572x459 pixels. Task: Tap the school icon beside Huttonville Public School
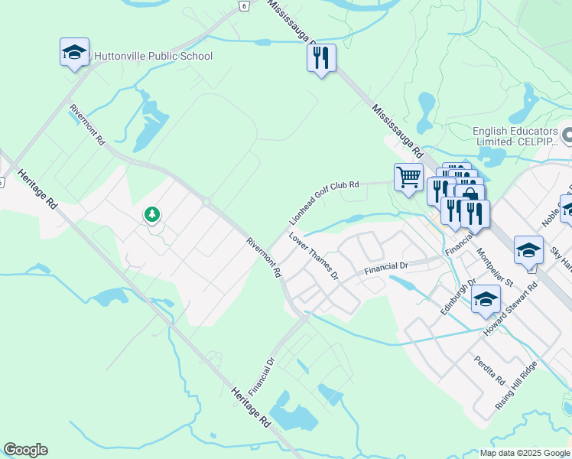pos(74,52)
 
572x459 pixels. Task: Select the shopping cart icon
pos(408,177)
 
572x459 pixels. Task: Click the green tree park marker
pos(152,215)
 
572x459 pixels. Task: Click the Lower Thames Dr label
pos(314,257)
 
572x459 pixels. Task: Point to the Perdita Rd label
pos(489,370)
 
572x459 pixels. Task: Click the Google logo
pos(25,450)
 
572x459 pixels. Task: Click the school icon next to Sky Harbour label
pos(528,251)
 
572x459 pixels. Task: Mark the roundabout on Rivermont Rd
pos(206,202)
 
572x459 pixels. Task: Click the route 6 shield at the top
pos(243,5)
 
